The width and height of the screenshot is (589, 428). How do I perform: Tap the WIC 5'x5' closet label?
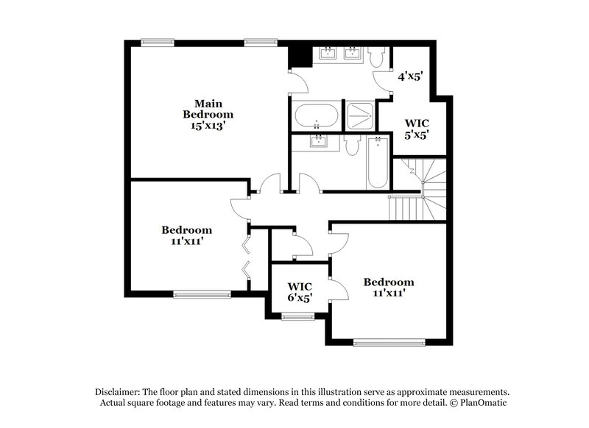[x=417, y=129]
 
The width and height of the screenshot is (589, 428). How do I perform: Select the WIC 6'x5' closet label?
[x=300, y=292]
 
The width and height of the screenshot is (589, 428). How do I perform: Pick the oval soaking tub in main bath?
[x=317, y=116]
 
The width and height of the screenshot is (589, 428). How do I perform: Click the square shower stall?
[x=360, y=115]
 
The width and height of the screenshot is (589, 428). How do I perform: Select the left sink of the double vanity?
[x=327, y=53]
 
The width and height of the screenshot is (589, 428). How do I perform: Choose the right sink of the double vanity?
[x=352, y=53]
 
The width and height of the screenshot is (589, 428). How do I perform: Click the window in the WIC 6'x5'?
[x=297, y=317]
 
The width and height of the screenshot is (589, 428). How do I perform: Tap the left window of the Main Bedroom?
[x=153, y=42]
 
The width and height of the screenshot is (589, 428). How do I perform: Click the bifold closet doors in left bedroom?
[x=247, y=256]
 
